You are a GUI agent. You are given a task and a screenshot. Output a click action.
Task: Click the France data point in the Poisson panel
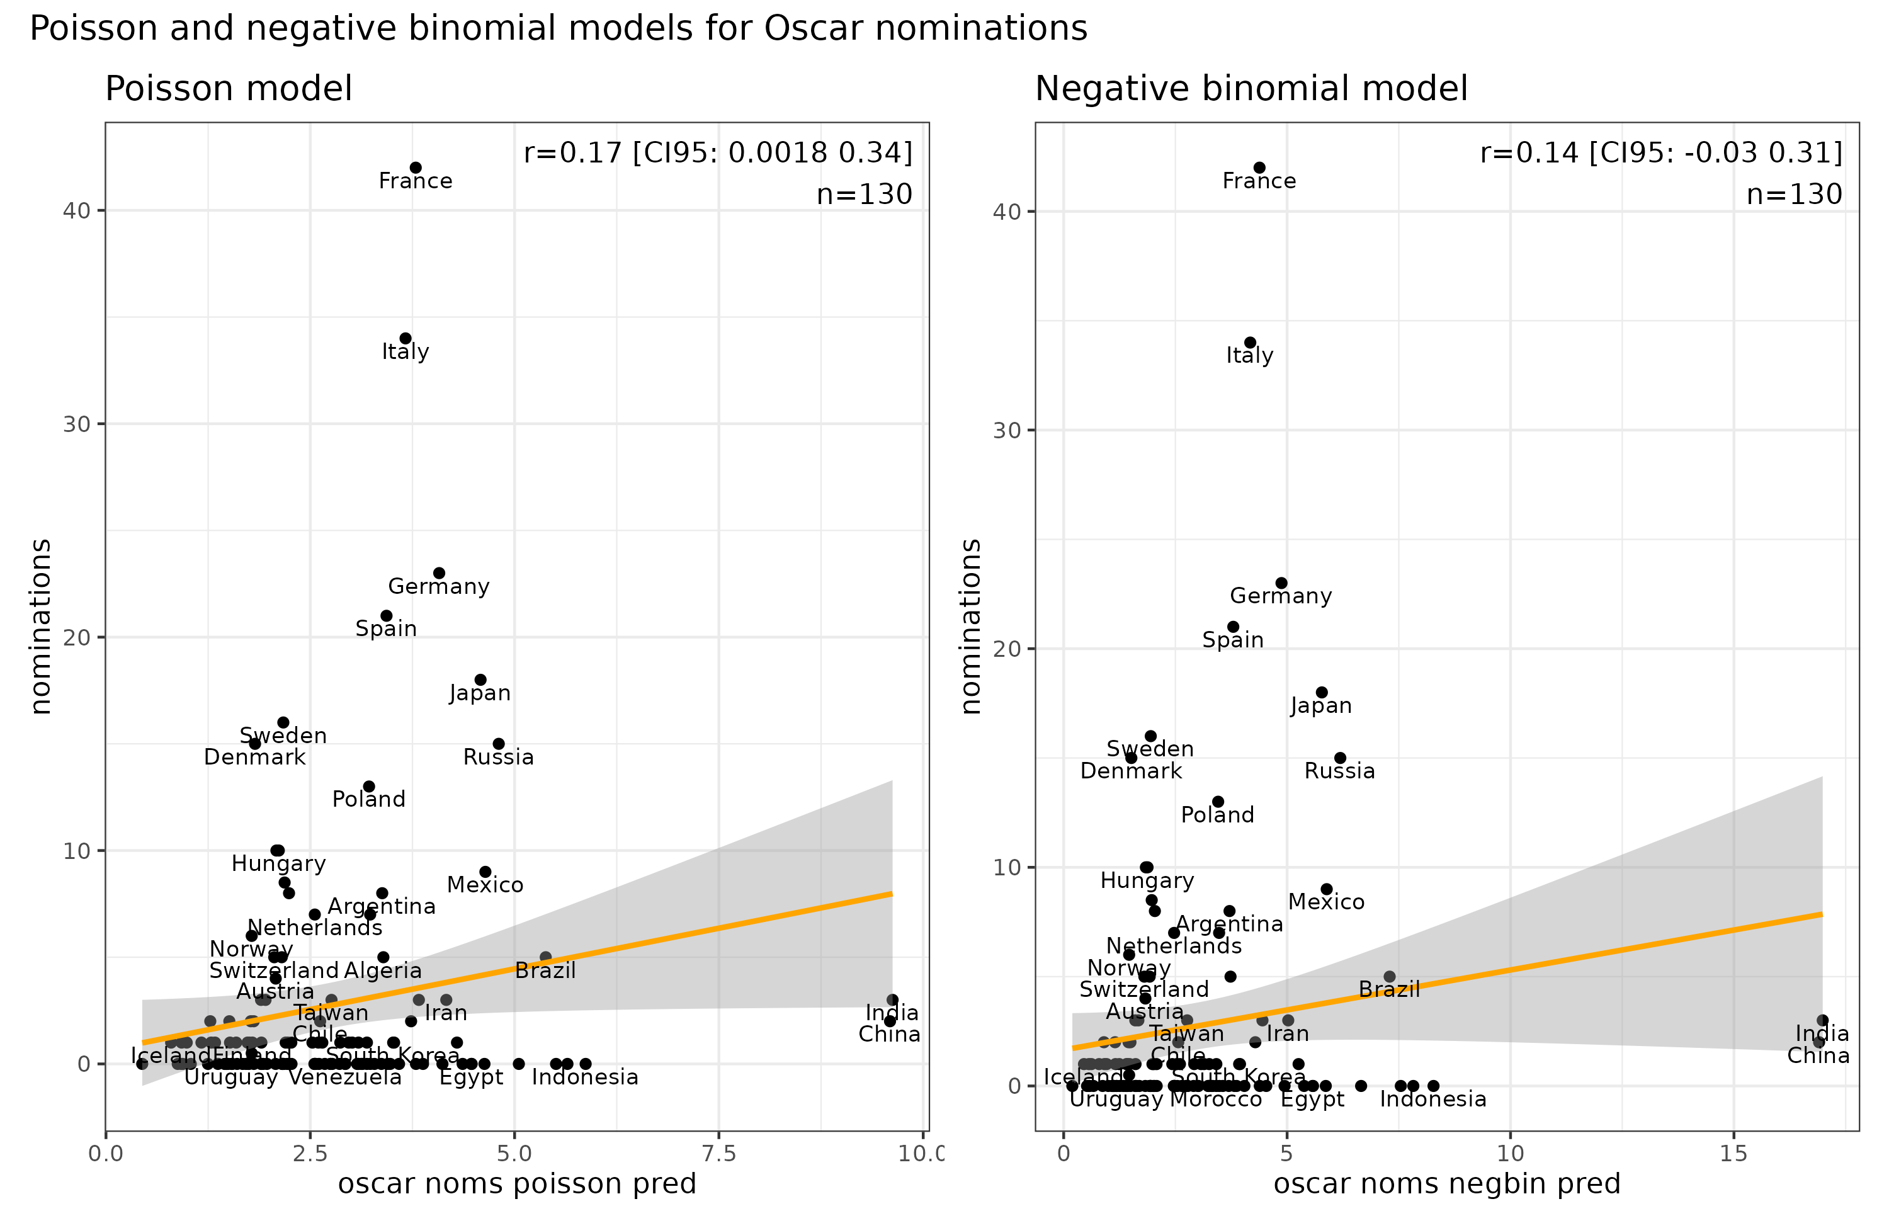415,168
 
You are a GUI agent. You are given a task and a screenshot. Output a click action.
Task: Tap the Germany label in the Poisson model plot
438,587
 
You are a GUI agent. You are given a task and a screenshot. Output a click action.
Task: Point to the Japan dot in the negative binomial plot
1322,693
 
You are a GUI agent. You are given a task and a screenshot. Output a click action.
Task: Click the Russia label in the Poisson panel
499,758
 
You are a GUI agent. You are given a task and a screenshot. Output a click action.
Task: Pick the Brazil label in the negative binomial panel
1389,990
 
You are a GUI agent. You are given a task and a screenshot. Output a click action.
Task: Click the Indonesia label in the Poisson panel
585,1077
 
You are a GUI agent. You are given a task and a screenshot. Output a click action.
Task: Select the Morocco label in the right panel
1216,1100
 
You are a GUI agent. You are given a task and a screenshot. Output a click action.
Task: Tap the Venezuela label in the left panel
345,1077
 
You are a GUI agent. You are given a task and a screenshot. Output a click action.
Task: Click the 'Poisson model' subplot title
229,89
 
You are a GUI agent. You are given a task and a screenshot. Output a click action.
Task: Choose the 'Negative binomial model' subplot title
1251,89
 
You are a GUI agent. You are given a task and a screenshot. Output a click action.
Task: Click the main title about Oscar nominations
558,28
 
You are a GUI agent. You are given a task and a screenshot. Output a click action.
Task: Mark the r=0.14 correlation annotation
1660,152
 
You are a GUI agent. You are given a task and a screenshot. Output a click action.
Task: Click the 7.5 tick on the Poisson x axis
719,1154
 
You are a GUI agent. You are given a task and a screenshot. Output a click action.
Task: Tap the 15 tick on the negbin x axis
1733,1154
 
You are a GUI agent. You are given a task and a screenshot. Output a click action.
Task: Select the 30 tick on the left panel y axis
77,424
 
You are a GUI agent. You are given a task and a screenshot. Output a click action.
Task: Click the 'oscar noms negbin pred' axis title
1446,1183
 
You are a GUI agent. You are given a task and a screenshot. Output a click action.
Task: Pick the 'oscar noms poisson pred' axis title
517,1183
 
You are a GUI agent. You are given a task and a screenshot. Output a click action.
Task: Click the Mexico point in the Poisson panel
485,872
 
